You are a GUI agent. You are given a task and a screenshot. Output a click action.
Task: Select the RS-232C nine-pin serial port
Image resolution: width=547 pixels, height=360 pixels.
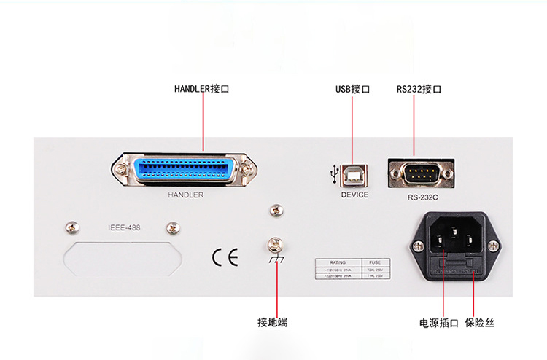(x=421, y=174)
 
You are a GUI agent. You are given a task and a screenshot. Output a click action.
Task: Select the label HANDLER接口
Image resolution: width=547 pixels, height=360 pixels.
(x=202, y=89)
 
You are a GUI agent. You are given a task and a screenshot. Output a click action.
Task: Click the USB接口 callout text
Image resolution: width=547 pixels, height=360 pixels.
(x=353, y=89)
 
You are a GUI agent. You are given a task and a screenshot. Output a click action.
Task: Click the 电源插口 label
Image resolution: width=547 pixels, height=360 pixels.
(x=438, y=322)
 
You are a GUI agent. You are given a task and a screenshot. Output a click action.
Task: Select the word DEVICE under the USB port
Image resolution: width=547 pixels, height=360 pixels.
(x=354, y=195)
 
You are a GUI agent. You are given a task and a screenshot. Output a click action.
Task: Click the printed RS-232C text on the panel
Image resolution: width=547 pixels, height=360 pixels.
(x=423, y=197)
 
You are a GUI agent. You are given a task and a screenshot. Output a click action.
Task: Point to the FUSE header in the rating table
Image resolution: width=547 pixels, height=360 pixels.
(x=375, y=262)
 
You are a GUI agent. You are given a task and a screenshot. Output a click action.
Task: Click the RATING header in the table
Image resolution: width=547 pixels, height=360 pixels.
(x=336, y=262)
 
